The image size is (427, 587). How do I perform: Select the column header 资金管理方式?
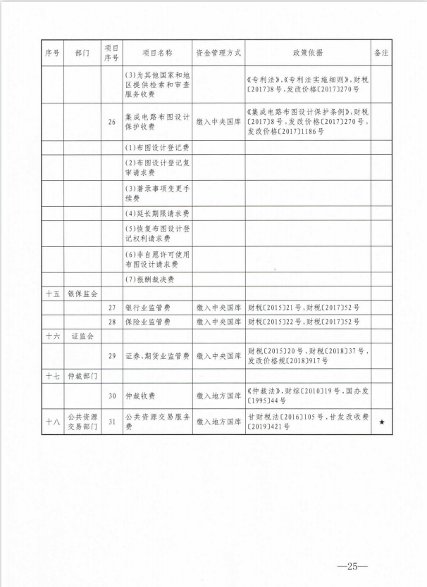coord(218,53)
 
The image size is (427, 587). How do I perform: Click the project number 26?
coord(111,122)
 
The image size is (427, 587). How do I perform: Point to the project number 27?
coord(111,308)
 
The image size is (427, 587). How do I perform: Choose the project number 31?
coord(111,422)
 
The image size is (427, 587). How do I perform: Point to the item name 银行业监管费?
coord(147,308)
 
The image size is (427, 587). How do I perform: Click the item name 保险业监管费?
coord(147,322)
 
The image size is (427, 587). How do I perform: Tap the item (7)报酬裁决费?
coord(149,279)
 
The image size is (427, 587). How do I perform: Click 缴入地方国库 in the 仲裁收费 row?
coord(218,396)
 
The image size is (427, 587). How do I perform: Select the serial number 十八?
coord(52,422)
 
